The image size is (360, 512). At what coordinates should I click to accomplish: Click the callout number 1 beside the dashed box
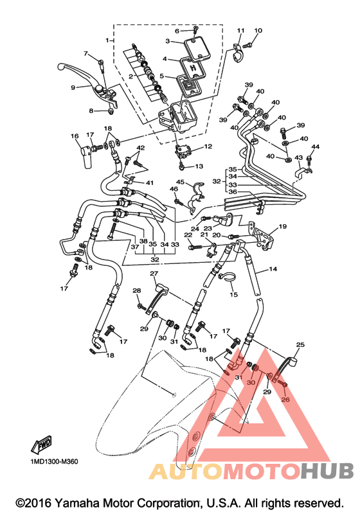pyautogui.click(x=107, y=40)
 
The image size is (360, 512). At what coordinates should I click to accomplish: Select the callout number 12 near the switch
pyautogui.click(x=208, y=146)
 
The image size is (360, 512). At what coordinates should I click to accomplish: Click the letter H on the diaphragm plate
pyautogui.click(x=193, y=67)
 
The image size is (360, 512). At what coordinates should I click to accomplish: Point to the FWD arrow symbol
pyautogui.click(x=42, y=445)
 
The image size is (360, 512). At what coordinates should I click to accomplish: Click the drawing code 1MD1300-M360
pyautogui.click(x=55, y=461)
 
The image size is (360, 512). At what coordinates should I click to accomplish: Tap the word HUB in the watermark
pyautogui.click(x=327, y=472)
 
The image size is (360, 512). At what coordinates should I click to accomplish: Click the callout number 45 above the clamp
pyautogui.click(x=181, y=182)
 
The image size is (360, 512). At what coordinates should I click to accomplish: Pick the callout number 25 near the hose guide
pyautogui.click(x=300, y=344)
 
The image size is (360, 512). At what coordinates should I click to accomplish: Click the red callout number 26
pyautogui.click(x=285, y=399)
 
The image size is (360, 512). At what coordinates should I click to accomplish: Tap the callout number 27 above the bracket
pyautogui.click(x=154, y=273)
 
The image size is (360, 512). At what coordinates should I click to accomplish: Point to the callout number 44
pyautogui.click(x=315, y=146)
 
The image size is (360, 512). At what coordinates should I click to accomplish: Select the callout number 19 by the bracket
pyautogui.click(x=283, y=226)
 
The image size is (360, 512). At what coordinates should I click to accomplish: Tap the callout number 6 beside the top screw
pyautogui.click(x=177, y=31)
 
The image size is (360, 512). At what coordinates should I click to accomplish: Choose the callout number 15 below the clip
pyautogui.click(x=233, y=294)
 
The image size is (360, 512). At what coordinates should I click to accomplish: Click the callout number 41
pyautogui.click(x=150, y=183)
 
